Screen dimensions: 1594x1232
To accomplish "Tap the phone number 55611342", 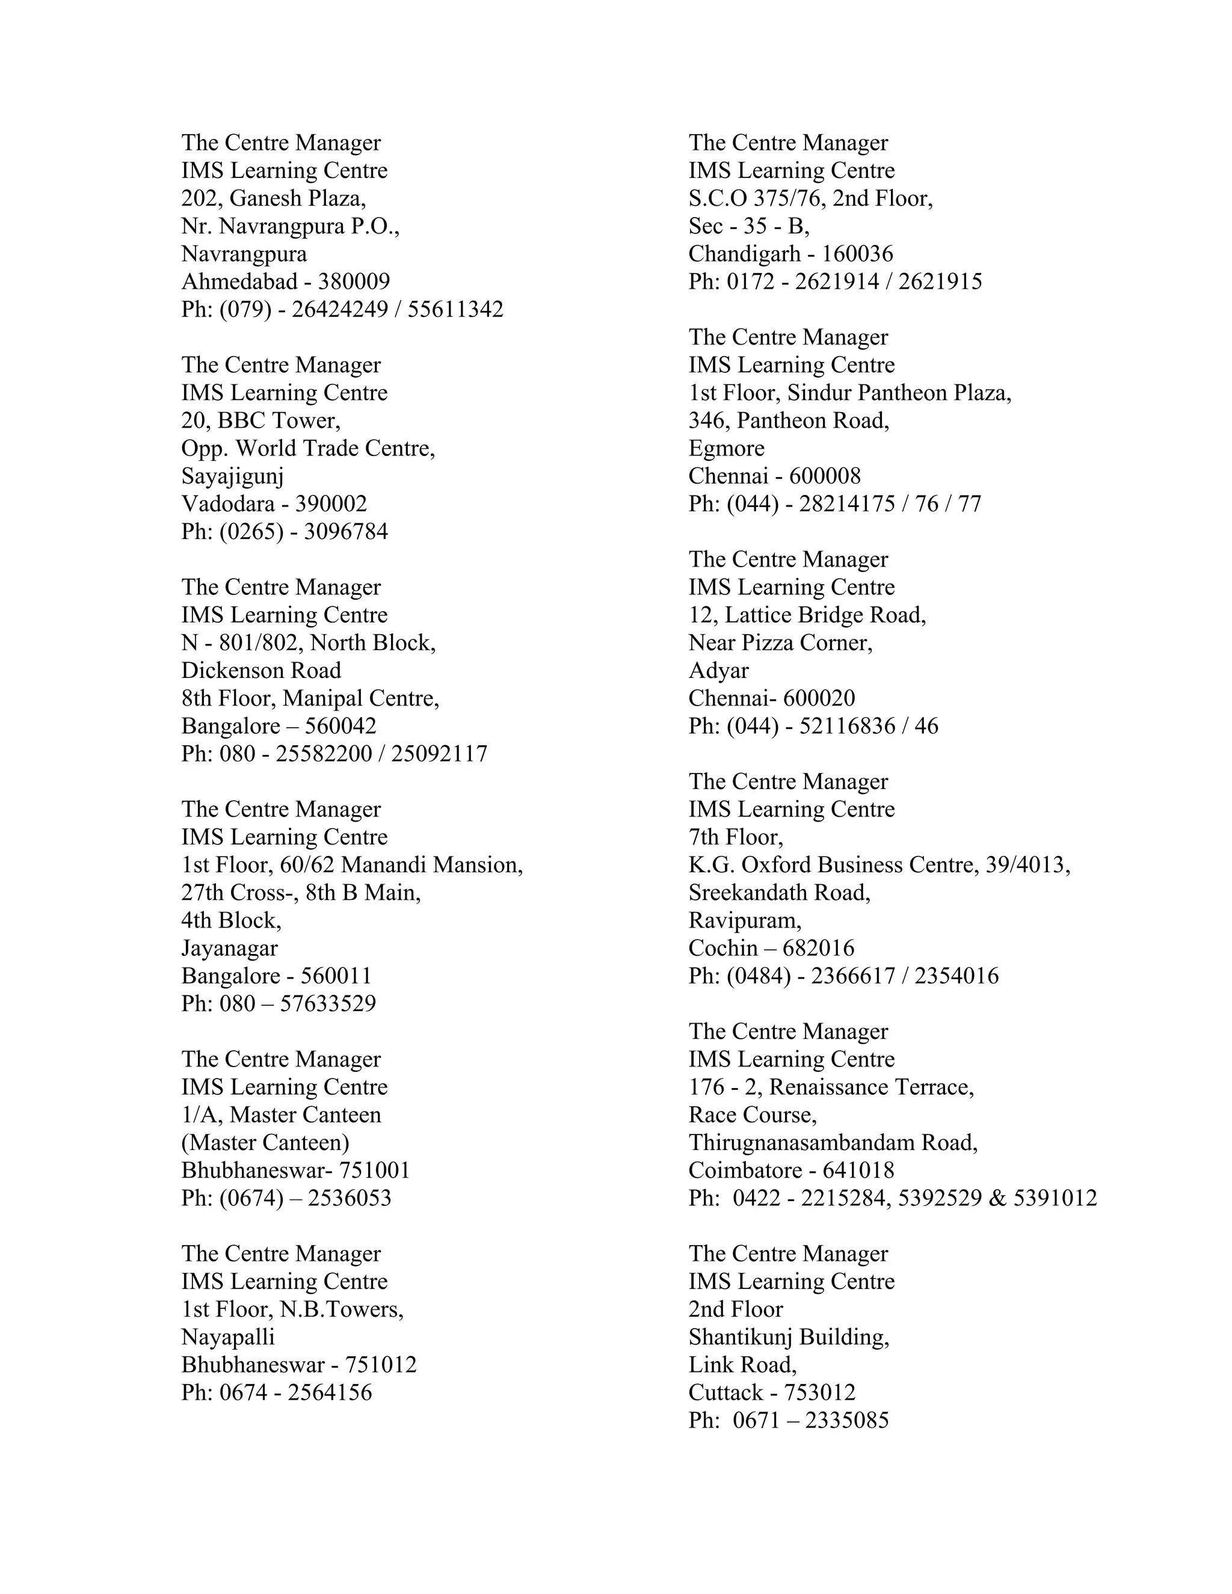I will click(x=455, y=309).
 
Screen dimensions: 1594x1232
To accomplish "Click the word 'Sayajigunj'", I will click(x=232, y=476).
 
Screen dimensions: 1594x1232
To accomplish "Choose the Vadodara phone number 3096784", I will click(x=345, y=531).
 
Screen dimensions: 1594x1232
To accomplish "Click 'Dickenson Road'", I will click(x=260, y=670).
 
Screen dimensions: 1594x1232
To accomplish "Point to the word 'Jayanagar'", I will click(x=229, y=948).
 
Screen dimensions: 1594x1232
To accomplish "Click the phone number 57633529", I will click(x=328, y=1003).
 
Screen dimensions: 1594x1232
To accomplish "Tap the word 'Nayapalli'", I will click(x=228, y=1337).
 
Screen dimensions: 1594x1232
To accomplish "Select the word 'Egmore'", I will click(x=726, y=448).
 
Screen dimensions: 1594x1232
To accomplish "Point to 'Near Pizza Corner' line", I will click(x=780, y=642).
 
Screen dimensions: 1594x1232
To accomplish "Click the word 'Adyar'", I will click(x=718, y=670).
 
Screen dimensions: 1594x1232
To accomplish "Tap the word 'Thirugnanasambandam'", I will click(x=801, y=1142).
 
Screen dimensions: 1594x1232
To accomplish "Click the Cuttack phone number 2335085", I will click(x=846, y=1420).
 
